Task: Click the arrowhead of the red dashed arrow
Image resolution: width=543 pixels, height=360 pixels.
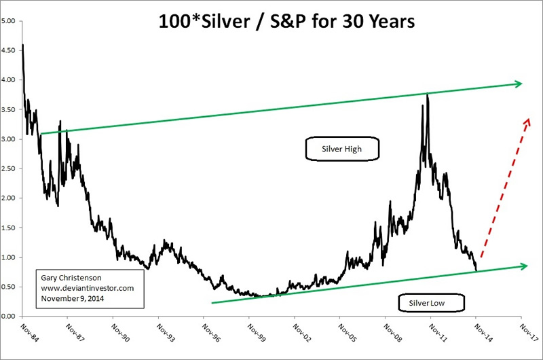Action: tap(526, 120)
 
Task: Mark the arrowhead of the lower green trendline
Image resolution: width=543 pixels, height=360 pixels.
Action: tap(523, 266)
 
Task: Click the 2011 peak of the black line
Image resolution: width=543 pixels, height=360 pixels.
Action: tap(427, 94)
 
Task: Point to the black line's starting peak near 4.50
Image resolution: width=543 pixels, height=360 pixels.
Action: tap(24, 46)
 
